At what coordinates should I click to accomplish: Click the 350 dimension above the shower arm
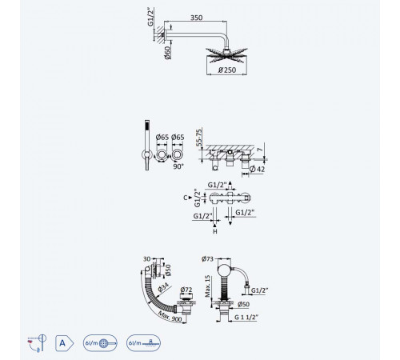[x=196, y=18]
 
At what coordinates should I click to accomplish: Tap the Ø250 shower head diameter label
[x=227, y=70]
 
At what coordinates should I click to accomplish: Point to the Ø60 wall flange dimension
[x=167, y=53]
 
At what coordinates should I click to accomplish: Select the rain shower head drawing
[x=226, y=55]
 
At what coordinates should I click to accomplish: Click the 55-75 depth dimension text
[x=199, y=138]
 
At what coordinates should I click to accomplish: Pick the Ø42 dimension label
[x=257, y=169]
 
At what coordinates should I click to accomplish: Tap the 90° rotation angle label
[x=178, y=166]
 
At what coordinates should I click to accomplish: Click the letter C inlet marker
[x=186, y=198]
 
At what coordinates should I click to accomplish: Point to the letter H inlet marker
[x=215, y=231]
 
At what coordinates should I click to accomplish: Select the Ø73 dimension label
[x=207, y=258]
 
